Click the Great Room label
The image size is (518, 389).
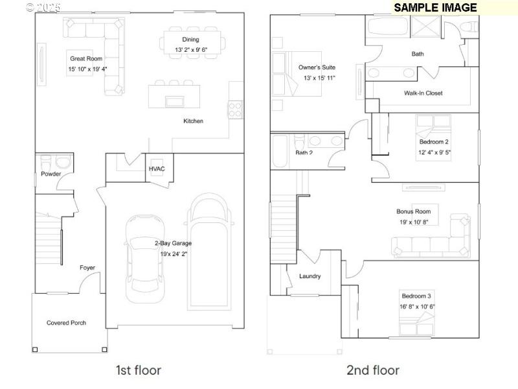(86, 58)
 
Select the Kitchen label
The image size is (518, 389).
(193, 121)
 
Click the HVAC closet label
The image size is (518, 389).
(157, 169)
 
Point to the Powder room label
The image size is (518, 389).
(51, 174)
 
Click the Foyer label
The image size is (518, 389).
(87, 267)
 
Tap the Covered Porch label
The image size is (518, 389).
(66, 323)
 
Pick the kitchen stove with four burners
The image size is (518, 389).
(234, 109)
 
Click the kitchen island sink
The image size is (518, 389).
(174, 101)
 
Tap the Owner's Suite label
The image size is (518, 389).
(316, 67)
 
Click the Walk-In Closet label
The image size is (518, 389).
(423, 93)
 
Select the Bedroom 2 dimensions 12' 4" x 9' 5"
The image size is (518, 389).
(434, 153)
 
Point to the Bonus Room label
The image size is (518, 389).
(413, 211)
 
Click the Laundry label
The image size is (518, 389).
(310, 276)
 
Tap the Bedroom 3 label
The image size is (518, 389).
(416, 296)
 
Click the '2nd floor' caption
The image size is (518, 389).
(372, 370)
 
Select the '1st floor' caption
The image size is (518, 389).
(138, 370)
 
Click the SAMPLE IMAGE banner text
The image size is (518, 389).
(435, 8)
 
